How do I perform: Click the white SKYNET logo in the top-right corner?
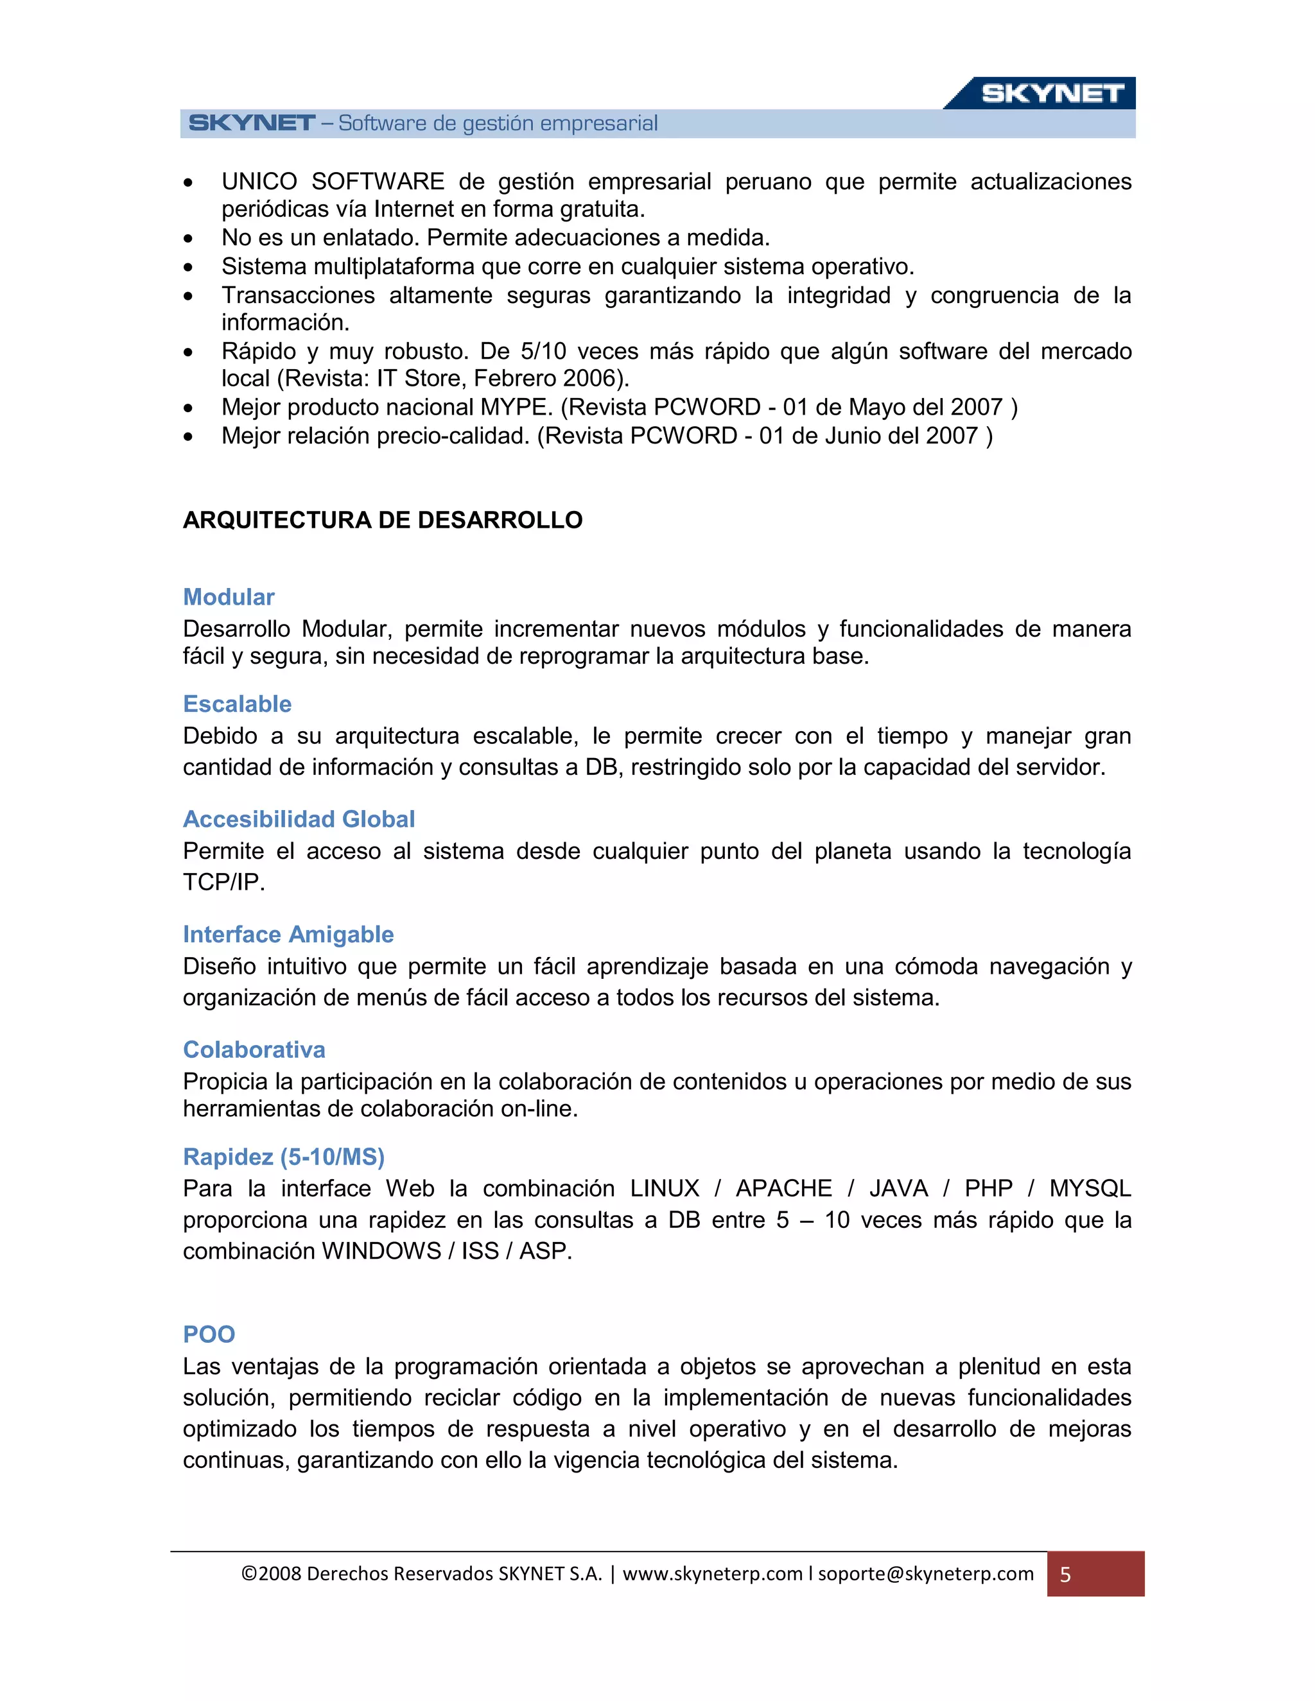pyautogui.click(x=1051, y=94)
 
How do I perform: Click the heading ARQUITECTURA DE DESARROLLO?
pyautogui.click(x=383, y=521)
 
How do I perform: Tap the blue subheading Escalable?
pyautogui.click(x=237, y=704)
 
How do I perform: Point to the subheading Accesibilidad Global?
pyautogui.click(x=299, y=819)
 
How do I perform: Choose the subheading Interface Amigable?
pyautogui.click(x=288, y=935)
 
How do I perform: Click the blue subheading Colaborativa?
pyautogui.click(x=254, y=1050)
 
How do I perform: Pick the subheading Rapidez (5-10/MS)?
pyautogui.click(x=284, y=1157)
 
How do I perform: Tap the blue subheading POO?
pyautogui.click(x=209, y=1335)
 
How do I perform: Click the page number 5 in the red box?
pyautogui.click(x=1065, y=1575)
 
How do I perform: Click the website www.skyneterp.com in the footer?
pyautogui.click(x=712, y=1574)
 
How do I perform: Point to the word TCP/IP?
pyautogui.click(x=223, y=883)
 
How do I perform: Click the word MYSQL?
pyautogui.click(x=1090, y=1189)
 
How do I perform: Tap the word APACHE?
pyautogui.click(x=784, y=1189)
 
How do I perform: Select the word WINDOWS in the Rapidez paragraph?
pyautogui.click(x=381, y=1251)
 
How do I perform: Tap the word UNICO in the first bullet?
pyautogui.click(x=259, y=182)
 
